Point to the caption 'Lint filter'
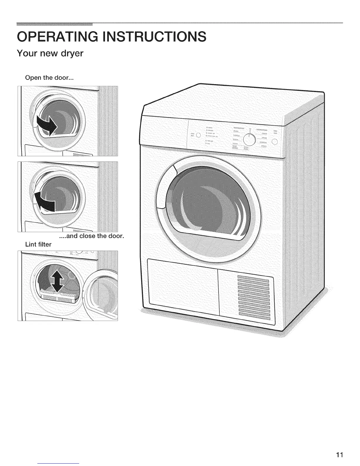click(x=38, y=244)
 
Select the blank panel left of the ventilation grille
click(x=182, y=284)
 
